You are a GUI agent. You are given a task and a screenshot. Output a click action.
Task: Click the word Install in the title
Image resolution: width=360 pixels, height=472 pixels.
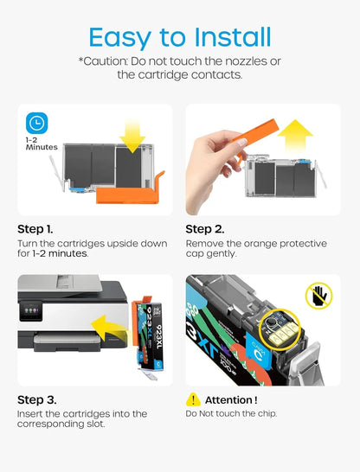tap(233, 36)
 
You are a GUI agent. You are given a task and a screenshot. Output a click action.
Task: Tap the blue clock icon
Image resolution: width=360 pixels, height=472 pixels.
tap(36, 123)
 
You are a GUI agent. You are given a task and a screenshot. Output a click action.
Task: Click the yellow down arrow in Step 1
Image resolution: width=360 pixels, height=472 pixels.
tap(132, 136)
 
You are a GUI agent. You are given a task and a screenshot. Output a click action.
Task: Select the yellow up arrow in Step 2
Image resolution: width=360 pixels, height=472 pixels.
tap(295, 137)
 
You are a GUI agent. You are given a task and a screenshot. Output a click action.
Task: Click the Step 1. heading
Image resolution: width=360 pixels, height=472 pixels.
tap(35, 229)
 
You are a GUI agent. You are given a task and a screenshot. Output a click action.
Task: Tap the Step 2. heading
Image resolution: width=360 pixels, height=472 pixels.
tap(205, 229)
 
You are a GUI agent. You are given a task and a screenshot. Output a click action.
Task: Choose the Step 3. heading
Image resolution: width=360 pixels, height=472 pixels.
tap(36, 400)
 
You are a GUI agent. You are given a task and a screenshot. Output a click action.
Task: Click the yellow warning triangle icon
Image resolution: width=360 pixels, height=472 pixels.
tap(193, 399)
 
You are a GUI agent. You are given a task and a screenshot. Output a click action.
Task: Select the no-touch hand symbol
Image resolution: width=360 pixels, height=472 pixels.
tap(319, 296)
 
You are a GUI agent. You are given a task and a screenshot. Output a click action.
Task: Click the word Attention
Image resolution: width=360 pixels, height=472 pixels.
tap(228, 400)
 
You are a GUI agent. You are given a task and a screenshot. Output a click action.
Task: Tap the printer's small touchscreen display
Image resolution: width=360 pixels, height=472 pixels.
tap(31, 311)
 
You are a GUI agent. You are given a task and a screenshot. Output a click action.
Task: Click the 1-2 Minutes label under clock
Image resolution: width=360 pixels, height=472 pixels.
tap(42, 144)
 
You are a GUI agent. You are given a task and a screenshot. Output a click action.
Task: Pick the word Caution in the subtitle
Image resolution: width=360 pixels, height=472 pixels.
tap(103, 61)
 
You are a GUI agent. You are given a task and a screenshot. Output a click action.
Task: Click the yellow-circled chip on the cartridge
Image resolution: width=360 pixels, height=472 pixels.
tap(281, 329)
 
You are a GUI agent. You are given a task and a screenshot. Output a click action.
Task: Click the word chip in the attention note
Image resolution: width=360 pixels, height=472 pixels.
tap(267, 414)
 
